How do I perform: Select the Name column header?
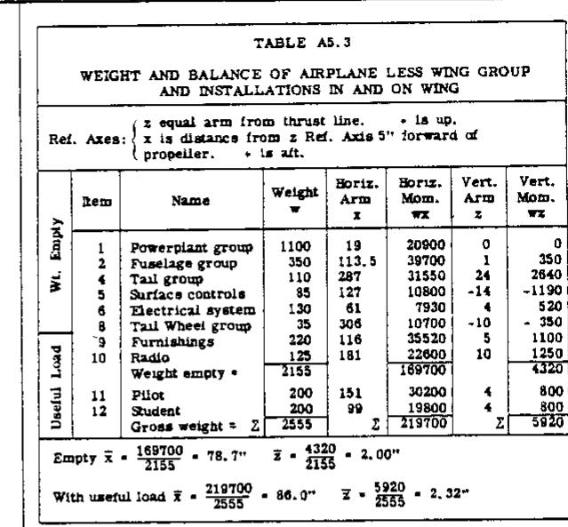click(179, 203)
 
